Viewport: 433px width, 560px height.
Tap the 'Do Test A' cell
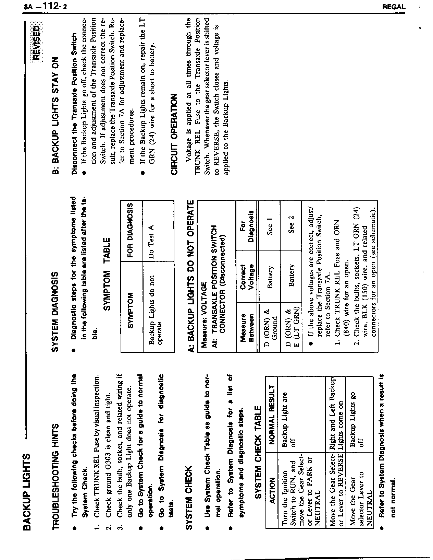(x=151, y=242)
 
